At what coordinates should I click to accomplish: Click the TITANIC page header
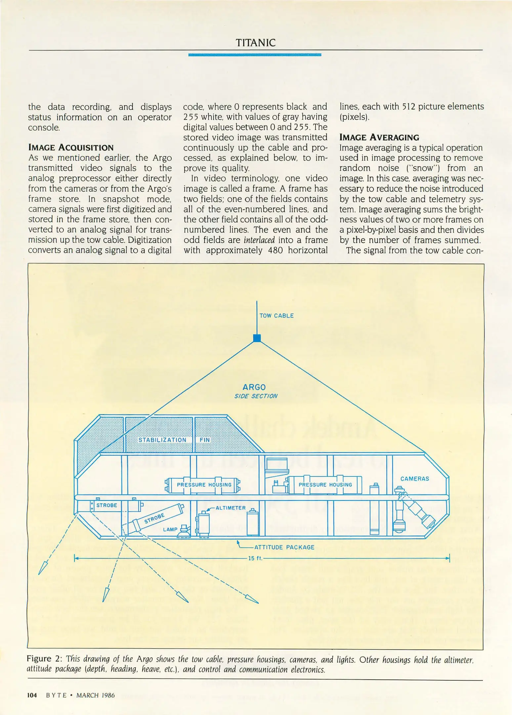pyautogui.click(x=255, y=43)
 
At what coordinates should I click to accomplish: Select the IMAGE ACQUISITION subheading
pyautogui.click(x=71, y=147)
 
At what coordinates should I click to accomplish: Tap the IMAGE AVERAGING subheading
pyautogui.click(x=379, y=137)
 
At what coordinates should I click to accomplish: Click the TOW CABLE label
pyautogui.click(x=277, y=315)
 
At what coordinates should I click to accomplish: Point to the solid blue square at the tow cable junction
pyautogui.click(x=257, y=338)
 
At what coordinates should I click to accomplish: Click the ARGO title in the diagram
pyautogui.click(x=254, y=387)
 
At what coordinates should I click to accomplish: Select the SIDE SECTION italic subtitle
pyautogui.click(x=256, y=396)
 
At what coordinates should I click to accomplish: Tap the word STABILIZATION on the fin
pyautogui.click(x=162, y=440)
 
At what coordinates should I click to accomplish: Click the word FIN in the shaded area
pyautogui.click(x=205, y=440)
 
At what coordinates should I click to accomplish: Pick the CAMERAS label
pyautogui.click(x=414, y=479)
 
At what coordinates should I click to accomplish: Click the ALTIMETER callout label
pyautogui.click(x=231, y=508)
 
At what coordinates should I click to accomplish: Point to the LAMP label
pyautogui.click(x=170, y=529)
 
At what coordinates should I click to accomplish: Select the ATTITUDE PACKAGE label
pyautogui.click(x=284, y=547)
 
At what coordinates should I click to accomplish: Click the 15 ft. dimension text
pyautogui.click(x=255, y=558)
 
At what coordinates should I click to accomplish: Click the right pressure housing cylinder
pyautogui.click(x=325, y=485)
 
